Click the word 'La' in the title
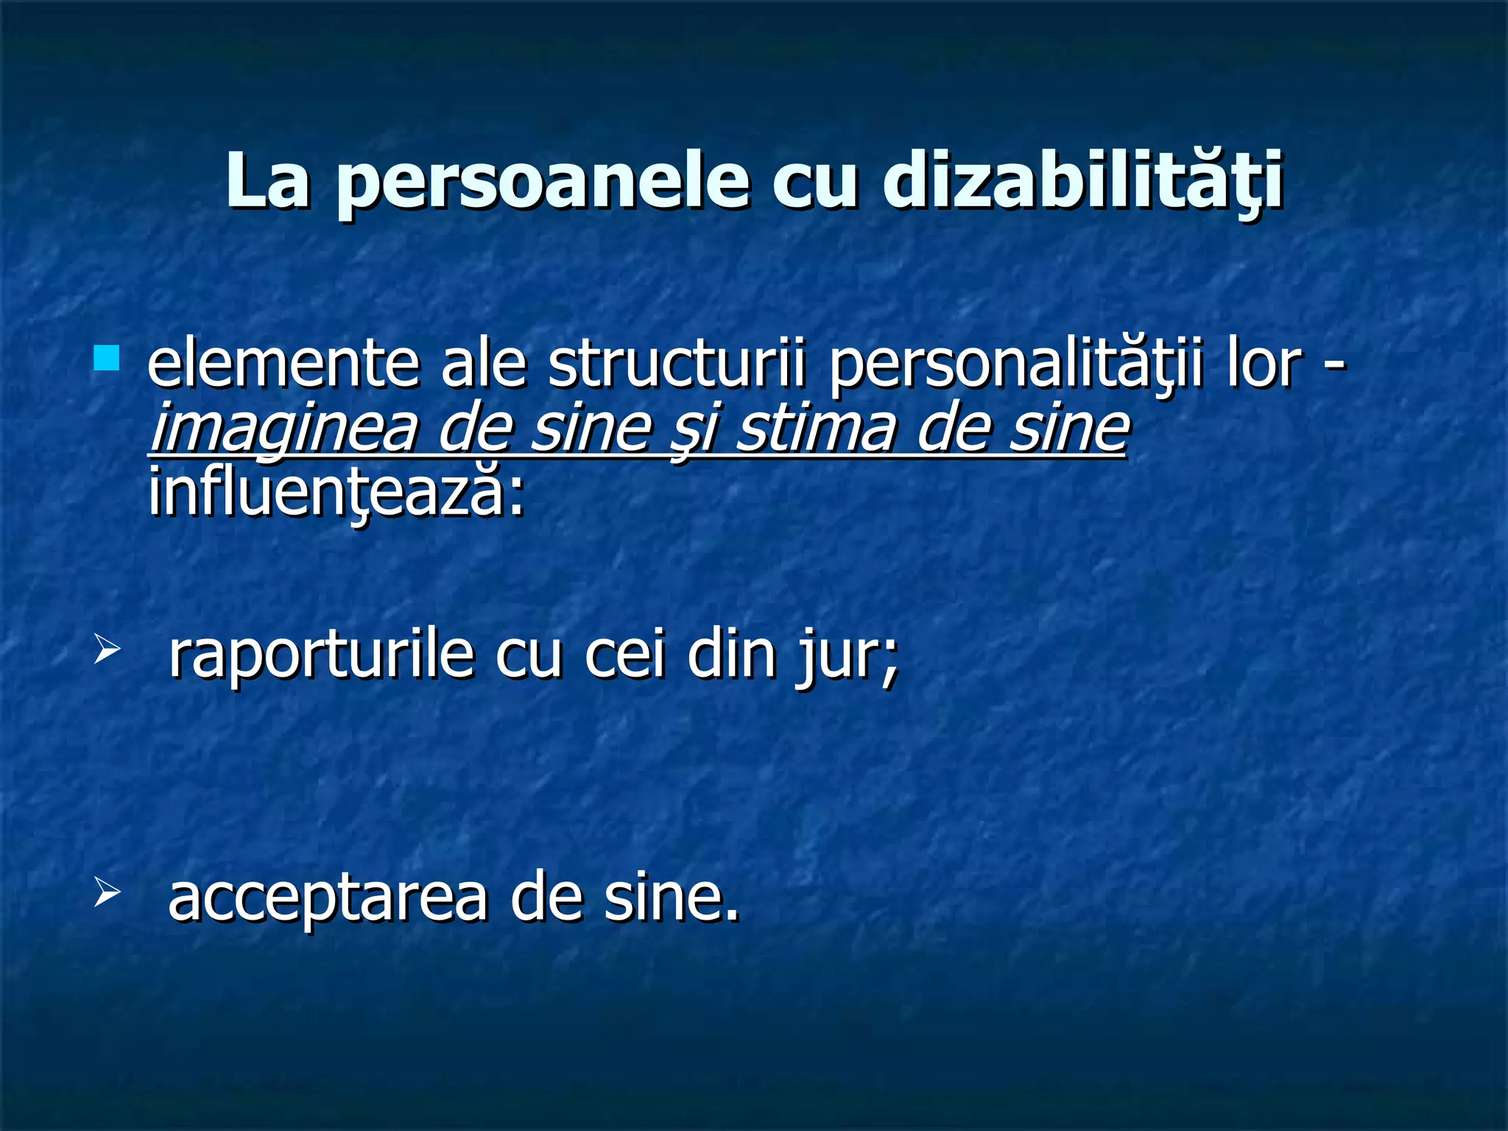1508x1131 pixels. [x=267, y=181]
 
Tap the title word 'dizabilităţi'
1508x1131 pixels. [x=1083, y=181]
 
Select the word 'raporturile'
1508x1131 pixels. [x=321, y=655]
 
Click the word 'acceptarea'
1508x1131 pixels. [x=328, y=900]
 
